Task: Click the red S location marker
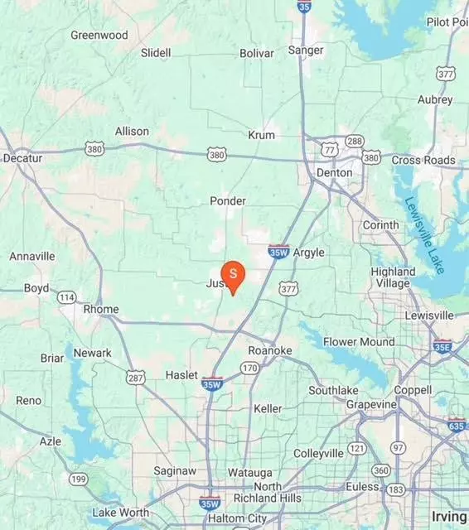(234, 274)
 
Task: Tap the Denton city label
(334, 173)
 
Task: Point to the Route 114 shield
(66, 296)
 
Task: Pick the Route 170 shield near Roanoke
(249, 367)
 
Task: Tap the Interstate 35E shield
(442, 347)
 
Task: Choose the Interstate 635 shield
(457, 426)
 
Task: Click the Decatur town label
(22, 158)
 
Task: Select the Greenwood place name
(99, 36)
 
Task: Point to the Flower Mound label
(358, 341)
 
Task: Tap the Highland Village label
(393, 277)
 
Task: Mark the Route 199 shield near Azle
(79, 479)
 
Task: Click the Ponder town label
(227, 200)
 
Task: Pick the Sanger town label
(305, 51)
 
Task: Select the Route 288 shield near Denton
(355, 141)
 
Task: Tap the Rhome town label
(101, 310)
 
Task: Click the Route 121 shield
(357, 448)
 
